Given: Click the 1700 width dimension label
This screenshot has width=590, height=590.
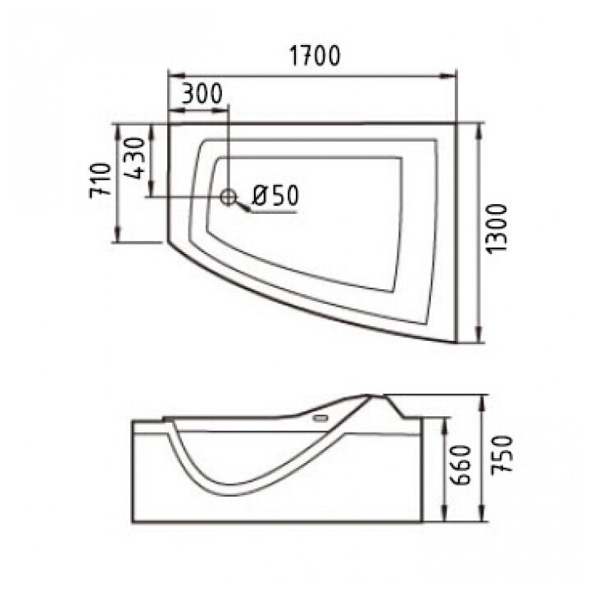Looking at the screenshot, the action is pyautogui.click(x=315, y=56).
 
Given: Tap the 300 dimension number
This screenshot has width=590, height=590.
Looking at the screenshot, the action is pyautogui.click(x=202, y=93).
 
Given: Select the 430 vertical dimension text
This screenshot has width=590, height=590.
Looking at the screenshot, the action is pyautogui.click(x=134, y=158).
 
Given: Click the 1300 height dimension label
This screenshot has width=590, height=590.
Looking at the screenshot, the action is pyautogui.click(x=497, y=229).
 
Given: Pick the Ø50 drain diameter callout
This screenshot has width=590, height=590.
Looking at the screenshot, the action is pyautogui.click(x=275, y=195).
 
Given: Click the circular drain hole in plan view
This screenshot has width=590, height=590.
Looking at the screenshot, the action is pyautogui.click(x=228, y=197).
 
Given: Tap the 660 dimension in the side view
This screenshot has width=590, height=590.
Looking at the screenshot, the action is pyautogui.click(x=460, y=465).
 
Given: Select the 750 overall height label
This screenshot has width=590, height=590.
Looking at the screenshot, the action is pyautogui.click(x=501, y=453).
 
